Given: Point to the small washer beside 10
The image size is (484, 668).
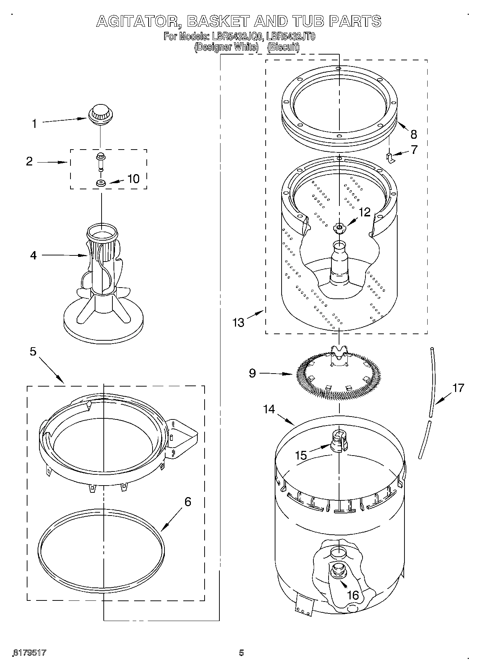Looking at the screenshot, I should coord(101,183).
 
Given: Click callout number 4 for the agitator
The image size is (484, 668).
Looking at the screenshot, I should coord(33,255).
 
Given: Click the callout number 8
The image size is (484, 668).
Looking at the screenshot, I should coord(414,134).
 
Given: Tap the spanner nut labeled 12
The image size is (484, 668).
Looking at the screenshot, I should coord(339,227).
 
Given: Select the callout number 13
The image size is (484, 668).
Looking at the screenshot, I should coord(239,322).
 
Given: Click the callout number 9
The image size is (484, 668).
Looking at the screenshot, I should coord(252,373).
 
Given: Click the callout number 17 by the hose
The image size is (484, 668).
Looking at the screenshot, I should coord(458,388).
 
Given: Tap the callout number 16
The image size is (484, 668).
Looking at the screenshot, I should coord(353,595).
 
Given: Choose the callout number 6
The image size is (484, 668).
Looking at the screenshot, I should coord(188,501).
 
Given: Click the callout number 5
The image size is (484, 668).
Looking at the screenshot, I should coord(33,351).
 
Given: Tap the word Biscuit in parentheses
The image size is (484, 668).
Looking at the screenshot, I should coord(283,47).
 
